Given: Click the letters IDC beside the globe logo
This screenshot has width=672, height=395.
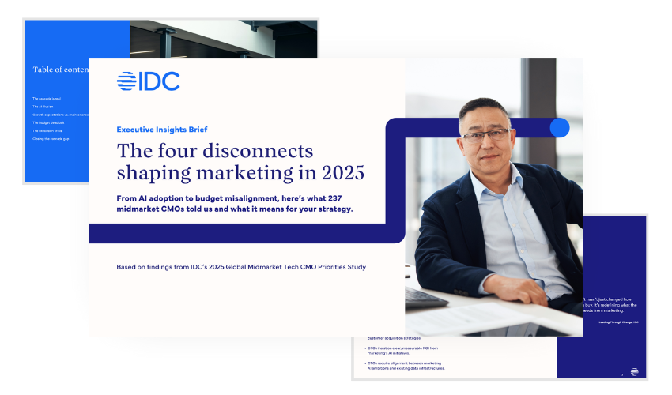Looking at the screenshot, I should pyautogui.click(x=160, y=81).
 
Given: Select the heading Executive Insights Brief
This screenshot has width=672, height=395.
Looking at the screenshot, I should pyautogui.click(x=162, y=130).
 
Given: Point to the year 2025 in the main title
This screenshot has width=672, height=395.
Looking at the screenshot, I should pyautogui.click(x=340, y=171).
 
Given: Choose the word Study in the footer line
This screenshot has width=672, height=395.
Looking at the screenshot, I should pyautogui.click(x=355, y=267).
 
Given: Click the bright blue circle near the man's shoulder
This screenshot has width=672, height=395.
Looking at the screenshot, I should pyautogui.click(x=560, y=127).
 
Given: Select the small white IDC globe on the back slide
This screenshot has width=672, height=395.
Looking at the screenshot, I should pyautogui.click(x=634, y=372).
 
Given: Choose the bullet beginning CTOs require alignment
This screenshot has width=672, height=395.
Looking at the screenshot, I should pyautogui.click(x=406, y=365).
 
